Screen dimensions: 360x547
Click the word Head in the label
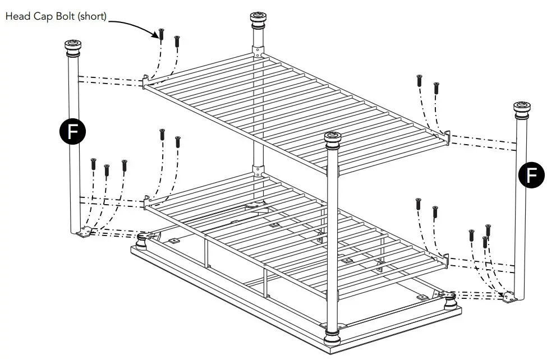coord(17,16)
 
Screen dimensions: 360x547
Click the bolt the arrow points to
coord(161,35)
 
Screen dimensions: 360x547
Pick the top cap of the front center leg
coord(333,140)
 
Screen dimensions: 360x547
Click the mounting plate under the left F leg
coord(85,232)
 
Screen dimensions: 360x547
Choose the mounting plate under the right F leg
coord(509,298)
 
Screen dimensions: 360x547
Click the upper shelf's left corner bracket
coord(146,81)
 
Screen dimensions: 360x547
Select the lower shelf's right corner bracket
coord(446,259)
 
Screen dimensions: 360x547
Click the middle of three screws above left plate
coord(107,170)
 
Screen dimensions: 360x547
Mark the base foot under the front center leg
coord(333,340)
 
